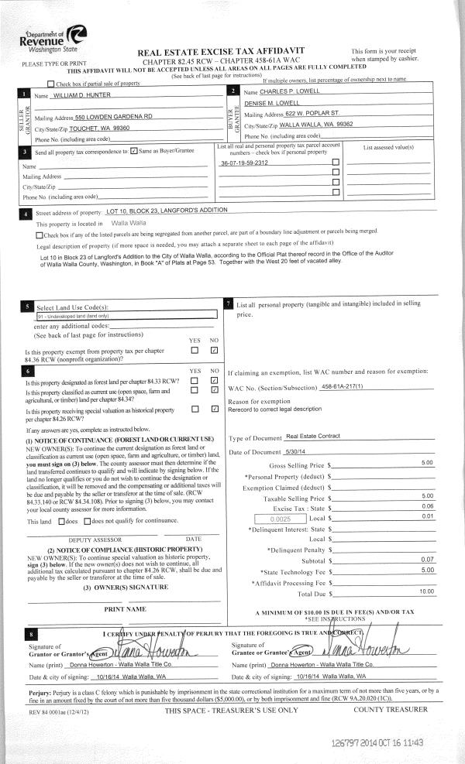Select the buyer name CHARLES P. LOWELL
(x=291, y=91)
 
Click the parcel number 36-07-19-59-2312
(x=244, y=163)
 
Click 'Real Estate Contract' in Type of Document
(x=314, y=437)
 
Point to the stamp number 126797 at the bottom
(x=349, y=742)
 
